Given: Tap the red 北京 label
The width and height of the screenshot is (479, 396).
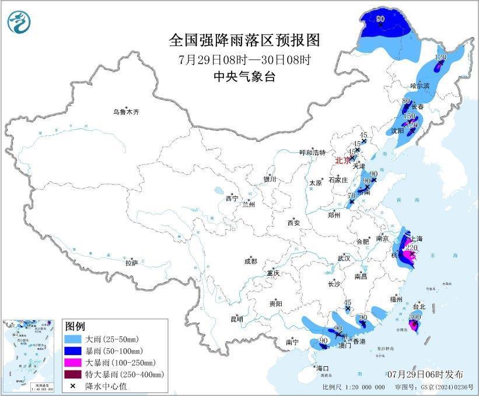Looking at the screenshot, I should pos(343,160).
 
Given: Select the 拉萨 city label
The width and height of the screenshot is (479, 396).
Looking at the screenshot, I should pos(131,263).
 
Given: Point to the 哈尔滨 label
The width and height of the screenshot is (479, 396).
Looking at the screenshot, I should pos(419,86).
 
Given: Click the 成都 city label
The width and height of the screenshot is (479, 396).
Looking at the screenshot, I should pos(251,262).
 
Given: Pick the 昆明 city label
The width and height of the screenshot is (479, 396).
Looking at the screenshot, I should pos(236,318).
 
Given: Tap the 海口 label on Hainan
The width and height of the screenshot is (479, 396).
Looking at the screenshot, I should pos(323,369).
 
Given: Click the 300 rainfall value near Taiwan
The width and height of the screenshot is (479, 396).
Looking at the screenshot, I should pos(415,317).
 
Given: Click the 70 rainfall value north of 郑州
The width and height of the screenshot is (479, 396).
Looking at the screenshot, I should pos(351,197).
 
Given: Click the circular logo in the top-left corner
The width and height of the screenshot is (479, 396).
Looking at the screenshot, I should pos(19,22).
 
